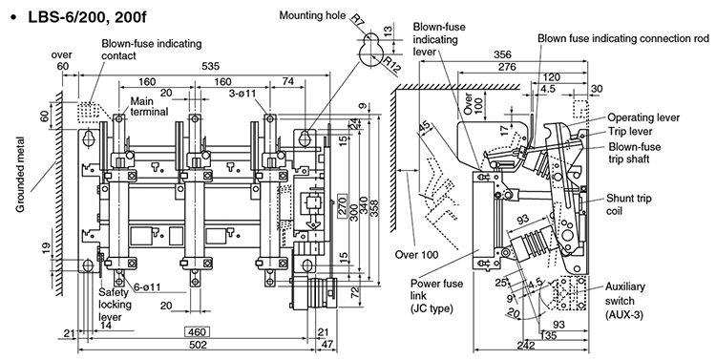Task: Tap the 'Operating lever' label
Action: (643, 116)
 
